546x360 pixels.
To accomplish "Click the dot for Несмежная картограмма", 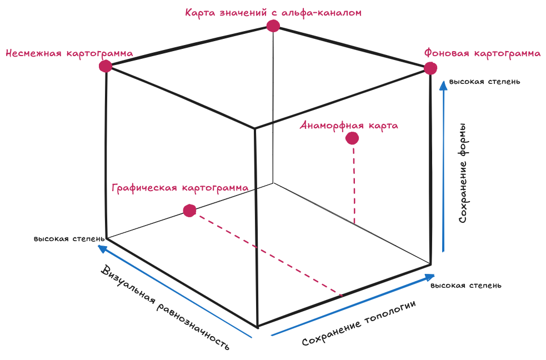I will [x=106, y=66].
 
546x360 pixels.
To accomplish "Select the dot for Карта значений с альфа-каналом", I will [x=273, y=26].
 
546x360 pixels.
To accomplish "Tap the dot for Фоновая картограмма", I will [x=430, y=68].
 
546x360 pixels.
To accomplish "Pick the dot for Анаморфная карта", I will [x=352, y=138].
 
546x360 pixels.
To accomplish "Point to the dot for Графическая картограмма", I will [x=189, y=211].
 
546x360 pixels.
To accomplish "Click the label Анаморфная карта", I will [x=349, y=125].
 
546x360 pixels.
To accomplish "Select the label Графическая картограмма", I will [x=180, y=188].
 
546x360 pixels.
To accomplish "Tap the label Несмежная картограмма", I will [x=69, y=53].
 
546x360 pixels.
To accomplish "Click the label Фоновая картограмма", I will [x=482, y=53].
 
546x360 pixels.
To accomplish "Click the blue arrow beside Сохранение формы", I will [x=443, y=167].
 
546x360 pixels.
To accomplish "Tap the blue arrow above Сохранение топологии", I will [x=353, y=304].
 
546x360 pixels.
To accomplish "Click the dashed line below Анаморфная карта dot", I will [x=353, y=183].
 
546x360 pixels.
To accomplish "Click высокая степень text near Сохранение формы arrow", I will [x=484, y=82].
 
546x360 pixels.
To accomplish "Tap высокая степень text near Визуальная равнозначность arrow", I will [x=68, y=239].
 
